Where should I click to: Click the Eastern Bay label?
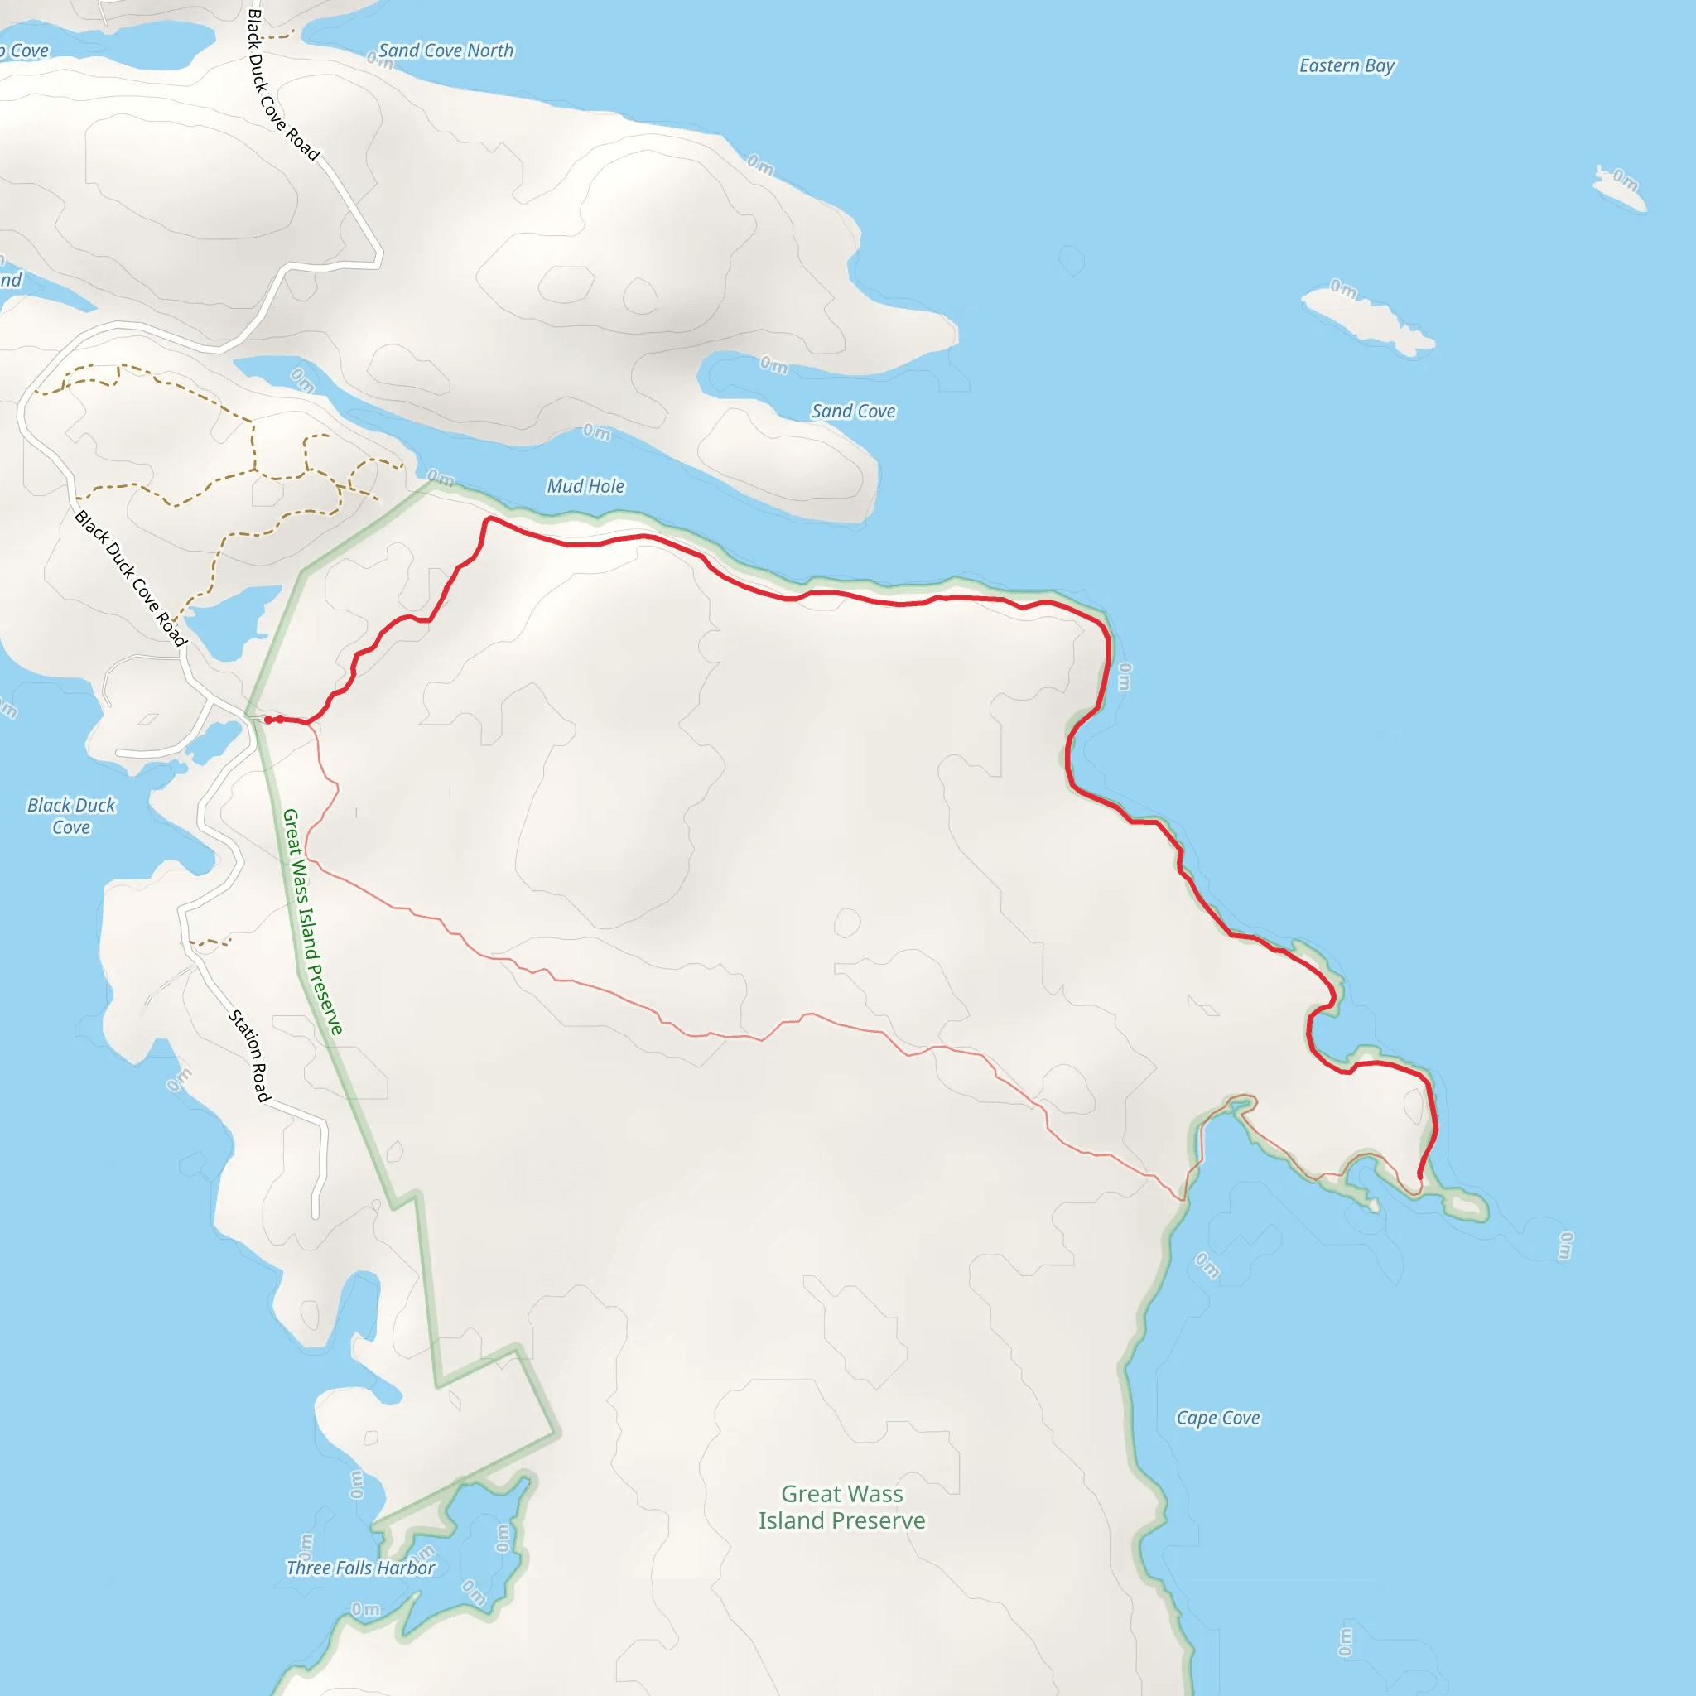(1346, 66)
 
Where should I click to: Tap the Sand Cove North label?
(446, 51)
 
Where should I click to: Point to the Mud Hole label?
(585, 486)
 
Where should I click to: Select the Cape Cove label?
(1217, 1418)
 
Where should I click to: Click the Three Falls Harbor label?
(361, 1568)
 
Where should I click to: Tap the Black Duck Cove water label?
(71, 816)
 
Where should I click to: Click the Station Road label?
(250, 1056)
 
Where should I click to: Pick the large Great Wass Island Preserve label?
(842, 1506)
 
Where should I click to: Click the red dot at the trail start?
(268, 720)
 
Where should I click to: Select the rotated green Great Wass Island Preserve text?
(311, 922)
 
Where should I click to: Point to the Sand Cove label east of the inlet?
(853, 412)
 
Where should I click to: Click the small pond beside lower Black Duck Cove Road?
(224, 623)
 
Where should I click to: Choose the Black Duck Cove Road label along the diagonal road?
(131, 578)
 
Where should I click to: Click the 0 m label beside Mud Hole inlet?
(597, 432)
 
